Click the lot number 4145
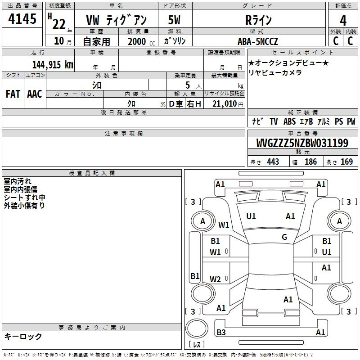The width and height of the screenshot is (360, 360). tap(22, 18)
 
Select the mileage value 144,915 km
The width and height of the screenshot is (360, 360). tap(53, 65)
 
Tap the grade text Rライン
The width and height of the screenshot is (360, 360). tap(258, 20)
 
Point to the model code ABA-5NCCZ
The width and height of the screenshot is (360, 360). tap(258, 41)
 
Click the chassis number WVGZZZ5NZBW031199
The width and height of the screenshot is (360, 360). tap(302, 143)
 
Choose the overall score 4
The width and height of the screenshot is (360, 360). tap(343, 21)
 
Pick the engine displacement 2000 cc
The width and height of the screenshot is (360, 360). tap(141, 41)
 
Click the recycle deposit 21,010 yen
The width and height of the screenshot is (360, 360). tap(228, 104)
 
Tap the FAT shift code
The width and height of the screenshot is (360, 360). tap(13, 94)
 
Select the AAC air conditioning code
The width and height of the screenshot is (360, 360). tap(35, 94)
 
